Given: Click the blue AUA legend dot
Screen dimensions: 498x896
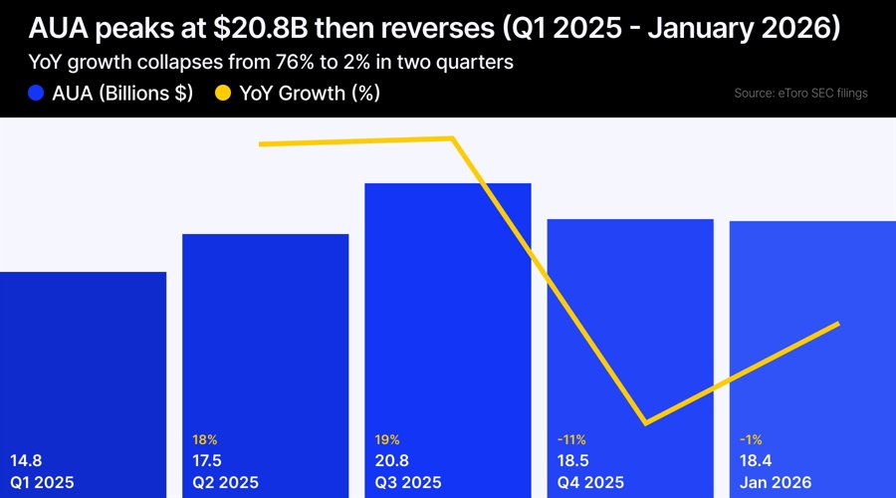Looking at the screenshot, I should [x=37, y=94].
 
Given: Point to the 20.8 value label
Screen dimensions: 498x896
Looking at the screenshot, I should [x=391, y=461].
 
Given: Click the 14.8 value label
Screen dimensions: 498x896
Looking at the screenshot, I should [x=26, y=461].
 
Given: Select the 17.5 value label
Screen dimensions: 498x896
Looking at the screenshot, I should [x=208, y=461].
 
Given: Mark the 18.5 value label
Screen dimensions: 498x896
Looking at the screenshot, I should [x=574, y=461].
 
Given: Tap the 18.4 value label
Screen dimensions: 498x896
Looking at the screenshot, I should [x=757, y=461].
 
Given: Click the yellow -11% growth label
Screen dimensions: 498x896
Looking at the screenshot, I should [x=571, y=438].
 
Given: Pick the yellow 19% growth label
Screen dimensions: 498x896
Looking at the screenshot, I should [x=387, y=438].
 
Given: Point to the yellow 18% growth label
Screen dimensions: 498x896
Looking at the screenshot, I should [x=204, y=438].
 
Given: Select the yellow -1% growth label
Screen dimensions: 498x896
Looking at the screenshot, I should [x=752, y=438].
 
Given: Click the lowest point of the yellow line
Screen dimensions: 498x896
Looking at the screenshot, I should [x=647, y=423].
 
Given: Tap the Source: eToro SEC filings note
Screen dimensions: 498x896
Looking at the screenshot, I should [x=799, y=94].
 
